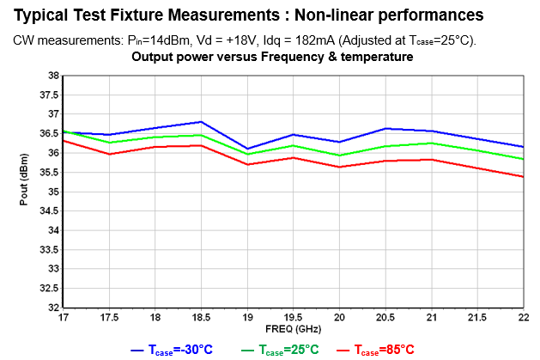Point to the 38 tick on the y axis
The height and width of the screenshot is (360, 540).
point(53,76)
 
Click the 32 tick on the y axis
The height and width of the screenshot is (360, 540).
point(53,308)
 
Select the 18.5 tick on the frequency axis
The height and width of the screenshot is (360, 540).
point(201,317)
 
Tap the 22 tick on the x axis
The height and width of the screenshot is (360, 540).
point(524,317)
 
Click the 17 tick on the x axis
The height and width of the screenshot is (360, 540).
point(64,317)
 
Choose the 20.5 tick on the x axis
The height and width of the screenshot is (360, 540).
point(385,317)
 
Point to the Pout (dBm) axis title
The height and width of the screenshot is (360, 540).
point(24,192)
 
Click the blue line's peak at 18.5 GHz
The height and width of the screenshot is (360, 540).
point(201,122)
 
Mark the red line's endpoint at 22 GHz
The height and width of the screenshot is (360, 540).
point(524,177)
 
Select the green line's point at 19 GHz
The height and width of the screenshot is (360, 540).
point(247,154)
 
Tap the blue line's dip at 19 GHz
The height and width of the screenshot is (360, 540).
point(247,149)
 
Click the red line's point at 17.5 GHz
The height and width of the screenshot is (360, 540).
point(109,154)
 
